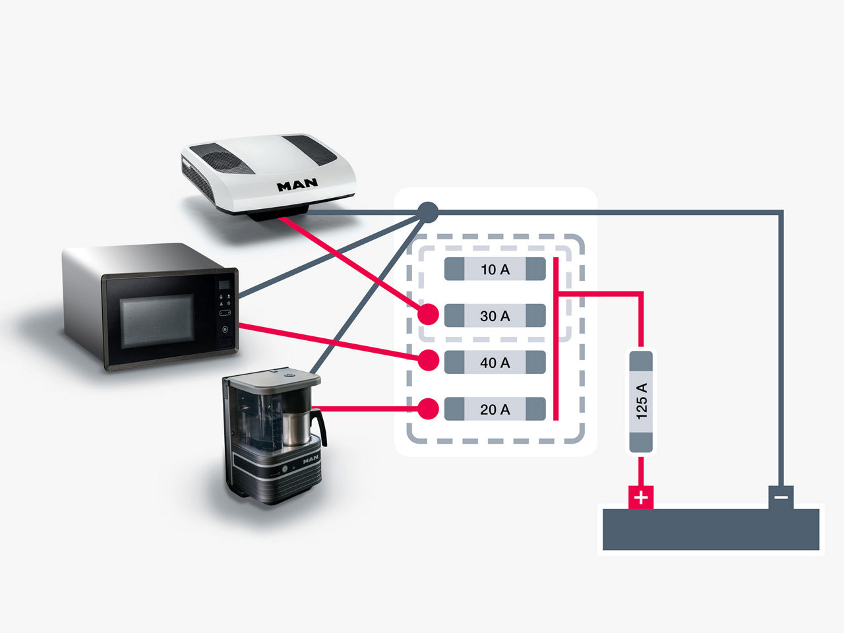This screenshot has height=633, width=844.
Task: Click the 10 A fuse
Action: pyautogui.click(x=495, y=269)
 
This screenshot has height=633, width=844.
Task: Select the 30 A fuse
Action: pyautogui.click(x=495, y=316)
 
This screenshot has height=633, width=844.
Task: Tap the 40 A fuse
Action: pyautogui.click(x=495, y=363)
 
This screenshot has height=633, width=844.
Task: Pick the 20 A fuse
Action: pyautogui.click(x=495, y=409)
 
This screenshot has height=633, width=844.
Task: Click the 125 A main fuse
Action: pyautogui.click(x=641, y=402)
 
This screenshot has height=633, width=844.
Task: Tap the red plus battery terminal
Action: pyautogui.click(x=641, y=497)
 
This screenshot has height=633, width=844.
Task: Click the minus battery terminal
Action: pyautogui.click(x=781, y=497)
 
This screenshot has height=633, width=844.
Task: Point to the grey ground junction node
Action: pyautogui.click(x=429, y=212)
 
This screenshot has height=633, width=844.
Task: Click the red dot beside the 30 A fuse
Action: pyautogui.click(x=429, y=315)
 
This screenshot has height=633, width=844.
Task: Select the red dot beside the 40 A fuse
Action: pyautogui.click(x=429, y=360)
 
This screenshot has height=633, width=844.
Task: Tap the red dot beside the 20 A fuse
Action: pyautogui.click(x=429, y=409)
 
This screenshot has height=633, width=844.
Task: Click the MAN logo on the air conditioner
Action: pyautogui.click(x=297, y=185)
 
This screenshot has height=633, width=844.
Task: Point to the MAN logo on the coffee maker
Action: pyautogui.click(x=310, y=459)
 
